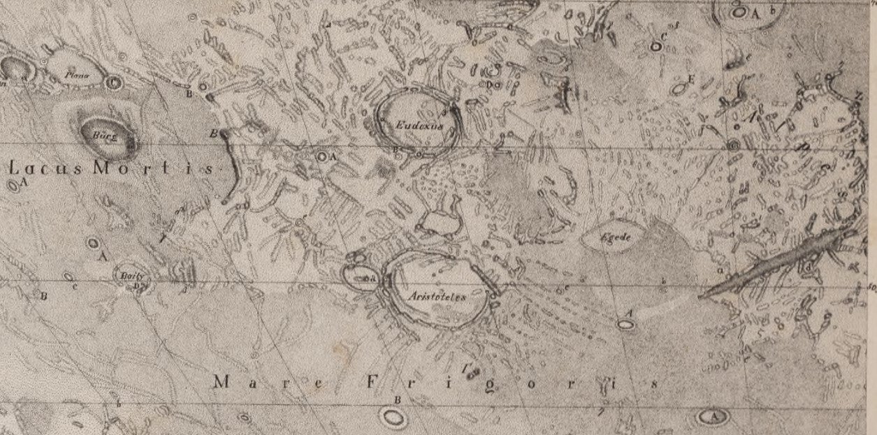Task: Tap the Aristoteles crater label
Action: pyautogui.click(x=436, y=295)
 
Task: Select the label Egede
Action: pyautogui.click(x=616, y=237)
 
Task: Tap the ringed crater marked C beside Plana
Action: pyautogui.click(x=115, y=82)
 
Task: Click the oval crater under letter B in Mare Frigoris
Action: pyautogui.click(x=393, y=418)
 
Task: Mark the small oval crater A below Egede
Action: pyautogui.click(x=625, y=324)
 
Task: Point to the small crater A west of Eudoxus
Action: pyautogui.click(x=322, y=156)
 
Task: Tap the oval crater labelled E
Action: pyautogui.click(x=677, y=89)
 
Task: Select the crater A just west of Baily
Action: pyautogui.click(x=92, y=243)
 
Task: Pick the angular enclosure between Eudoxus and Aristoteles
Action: pyautogui.click(x=439, y=222)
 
